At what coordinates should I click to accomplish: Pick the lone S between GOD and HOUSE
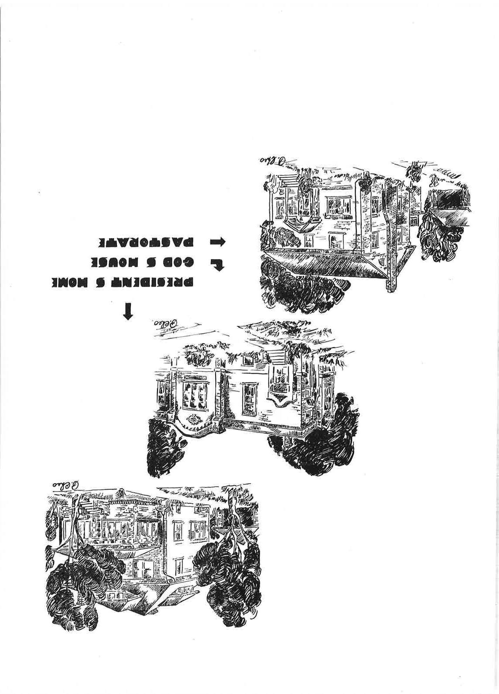click(x=153, y=263)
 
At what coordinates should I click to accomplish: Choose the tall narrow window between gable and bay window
click(x=249, y=396)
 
